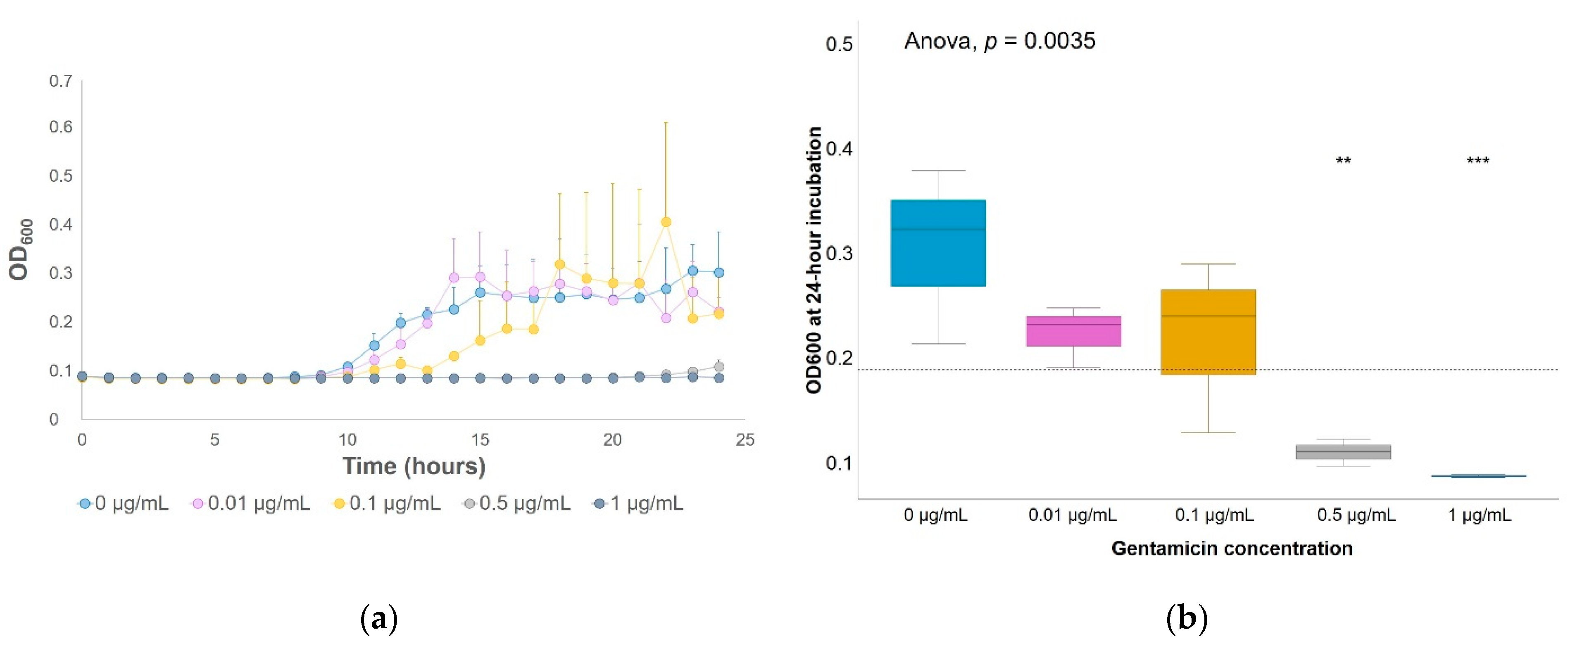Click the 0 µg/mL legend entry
[x=124, y=503]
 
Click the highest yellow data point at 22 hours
[x=666, y=222]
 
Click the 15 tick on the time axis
[x=480, y=440]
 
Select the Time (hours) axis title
[x=414, y=466]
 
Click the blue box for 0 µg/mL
[x=938, y=243]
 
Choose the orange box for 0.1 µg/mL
[x=1208, y=332]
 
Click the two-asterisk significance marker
[x=1343, y=161]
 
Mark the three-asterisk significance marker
[x=1478, y=161]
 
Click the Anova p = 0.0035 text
[x=999, y=41]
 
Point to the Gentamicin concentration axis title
[x=1232, y=548]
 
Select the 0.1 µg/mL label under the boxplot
[x=1215, y=515]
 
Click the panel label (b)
[x=1186, y=619]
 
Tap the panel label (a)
[x=379, y=619]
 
